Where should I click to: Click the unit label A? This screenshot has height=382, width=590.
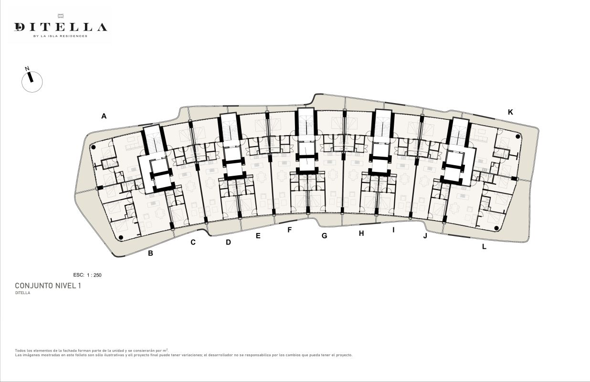tap(104, 116)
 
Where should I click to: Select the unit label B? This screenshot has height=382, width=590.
tap(150, 253)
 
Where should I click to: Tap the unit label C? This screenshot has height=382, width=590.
tap(193, 242)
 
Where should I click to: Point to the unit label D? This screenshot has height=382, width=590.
tap(228, 242)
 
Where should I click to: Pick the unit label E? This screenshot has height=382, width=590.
tap(258, 236)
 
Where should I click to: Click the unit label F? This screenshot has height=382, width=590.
tap(289, 230)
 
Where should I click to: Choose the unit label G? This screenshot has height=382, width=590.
tap(325, 236)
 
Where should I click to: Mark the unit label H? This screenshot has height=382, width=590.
tap(361, 233)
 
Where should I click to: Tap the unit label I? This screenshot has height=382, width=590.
tap(393, 230)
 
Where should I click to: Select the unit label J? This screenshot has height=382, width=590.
tap(425, 236)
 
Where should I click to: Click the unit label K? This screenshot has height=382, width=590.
tap(510, 112)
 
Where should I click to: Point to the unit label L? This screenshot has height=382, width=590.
tap(484, 247)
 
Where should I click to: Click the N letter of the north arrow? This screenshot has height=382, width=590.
tap(27, 69)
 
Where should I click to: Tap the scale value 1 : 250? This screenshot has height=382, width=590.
tap(94, 275)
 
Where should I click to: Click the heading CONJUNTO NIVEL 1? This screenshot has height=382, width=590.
tap(48, 286)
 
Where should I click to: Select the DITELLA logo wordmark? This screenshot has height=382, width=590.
tap(61, 27)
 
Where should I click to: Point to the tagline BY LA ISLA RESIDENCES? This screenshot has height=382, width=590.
tap(60, 36)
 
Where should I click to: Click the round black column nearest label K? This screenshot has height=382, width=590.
tap(518, 137)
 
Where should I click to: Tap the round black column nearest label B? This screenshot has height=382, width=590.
tap(121, 238)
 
